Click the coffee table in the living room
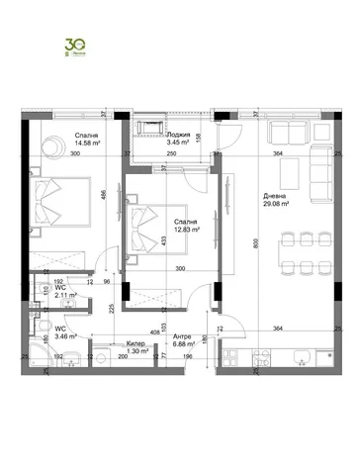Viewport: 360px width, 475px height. click(x=292, y=175)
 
